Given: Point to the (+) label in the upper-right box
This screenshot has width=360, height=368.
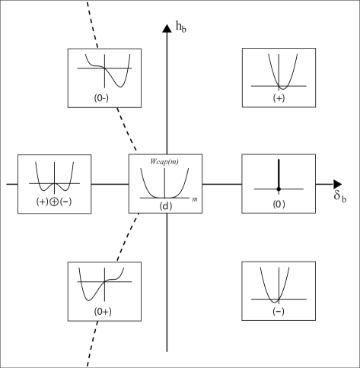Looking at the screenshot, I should (x=278, y=98).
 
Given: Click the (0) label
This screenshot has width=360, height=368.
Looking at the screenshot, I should (x=278, y=205).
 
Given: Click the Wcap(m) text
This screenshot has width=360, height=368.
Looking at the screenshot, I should (x=164, y=161).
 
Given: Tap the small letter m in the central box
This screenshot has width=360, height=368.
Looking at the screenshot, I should (x=195, y=199).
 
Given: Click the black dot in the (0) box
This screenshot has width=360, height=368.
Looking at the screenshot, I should (x=279, y=188).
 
